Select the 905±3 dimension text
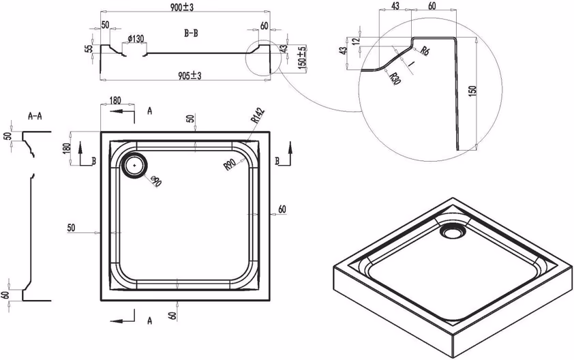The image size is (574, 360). [190, 76]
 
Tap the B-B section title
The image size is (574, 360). [191, 33]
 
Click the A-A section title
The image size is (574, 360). [35, 117]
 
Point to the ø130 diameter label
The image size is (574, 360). [136, 38]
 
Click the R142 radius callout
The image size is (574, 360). [258, 116]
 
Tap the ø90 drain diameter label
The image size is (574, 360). [155, 181]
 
